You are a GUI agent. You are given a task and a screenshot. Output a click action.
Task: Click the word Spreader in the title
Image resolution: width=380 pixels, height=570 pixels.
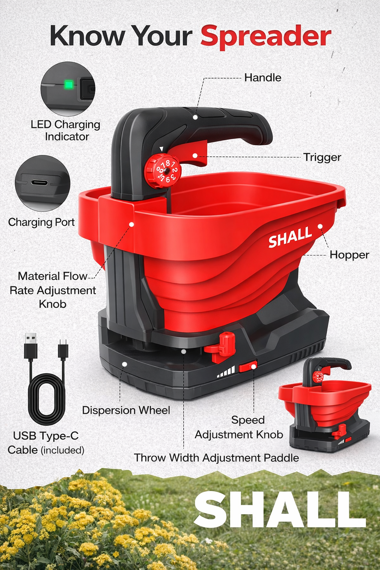tap(266, 37)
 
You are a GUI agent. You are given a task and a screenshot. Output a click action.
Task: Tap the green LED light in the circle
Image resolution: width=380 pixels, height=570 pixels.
tap(69, 85)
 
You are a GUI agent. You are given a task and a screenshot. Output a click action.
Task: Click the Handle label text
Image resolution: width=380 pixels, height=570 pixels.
tap(263, 78)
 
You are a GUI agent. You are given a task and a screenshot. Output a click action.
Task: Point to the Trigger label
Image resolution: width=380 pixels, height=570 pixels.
tap(322, 157)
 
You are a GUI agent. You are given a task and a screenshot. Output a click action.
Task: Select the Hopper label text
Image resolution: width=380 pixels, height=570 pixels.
tap(349, 255)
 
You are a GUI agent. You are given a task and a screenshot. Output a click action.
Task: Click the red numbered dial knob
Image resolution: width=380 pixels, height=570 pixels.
tap(163, 171)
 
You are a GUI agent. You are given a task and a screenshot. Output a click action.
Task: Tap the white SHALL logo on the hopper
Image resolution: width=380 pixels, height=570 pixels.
tap(290, 237)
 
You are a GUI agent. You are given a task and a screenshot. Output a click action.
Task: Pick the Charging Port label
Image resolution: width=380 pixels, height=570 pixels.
tap(41, 222)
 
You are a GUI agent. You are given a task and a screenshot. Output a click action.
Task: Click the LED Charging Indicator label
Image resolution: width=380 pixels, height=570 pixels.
tap(65, 131)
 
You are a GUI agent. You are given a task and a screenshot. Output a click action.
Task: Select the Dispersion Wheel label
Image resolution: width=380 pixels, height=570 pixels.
tap(126, 410)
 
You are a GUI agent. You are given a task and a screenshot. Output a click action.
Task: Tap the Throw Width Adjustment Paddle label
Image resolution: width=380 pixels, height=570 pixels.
tap(216, 458)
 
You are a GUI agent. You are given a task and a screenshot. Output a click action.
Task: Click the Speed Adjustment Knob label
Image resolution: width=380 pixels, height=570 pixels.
tap(239, 427)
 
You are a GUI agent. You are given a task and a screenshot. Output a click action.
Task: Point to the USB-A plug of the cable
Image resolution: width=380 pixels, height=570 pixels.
tap(30, 347)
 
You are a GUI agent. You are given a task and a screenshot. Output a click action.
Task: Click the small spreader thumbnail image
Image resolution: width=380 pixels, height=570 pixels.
tap(325, 404)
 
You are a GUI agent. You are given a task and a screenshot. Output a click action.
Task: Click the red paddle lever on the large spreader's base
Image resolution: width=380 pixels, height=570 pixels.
tap(220, 347)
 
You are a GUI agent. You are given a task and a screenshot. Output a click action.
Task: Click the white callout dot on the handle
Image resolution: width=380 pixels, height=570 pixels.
tap(195, 117)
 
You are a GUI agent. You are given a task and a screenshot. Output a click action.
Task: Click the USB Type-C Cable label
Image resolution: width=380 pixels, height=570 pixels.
tap(46, 443)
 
